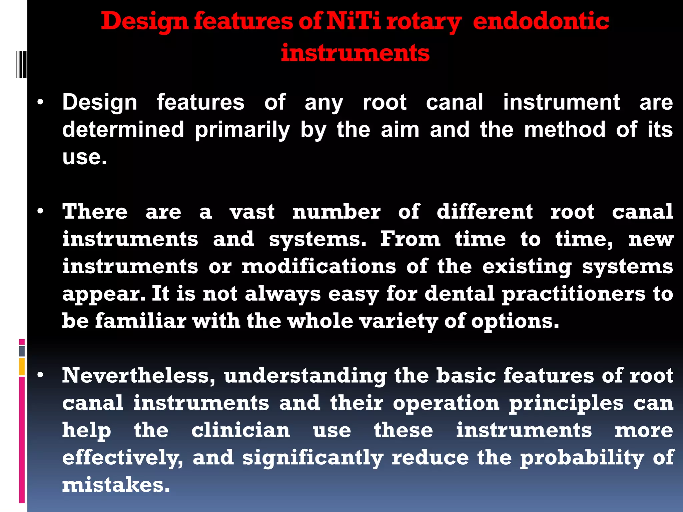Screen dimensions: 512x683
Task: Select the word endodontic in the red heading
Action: tap(541, 21)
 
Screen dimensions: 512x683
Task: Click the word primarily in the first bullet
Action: tap(242, 130)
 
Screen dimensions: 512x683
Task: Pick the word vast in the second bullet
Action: tap(252, 212)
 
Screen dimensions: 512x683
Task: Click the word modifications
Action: tap(319, 267)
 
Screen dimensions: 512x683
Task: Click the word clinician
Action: tap(241, 430)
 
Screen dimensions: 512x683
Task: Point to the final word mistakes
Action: tap(116, 485)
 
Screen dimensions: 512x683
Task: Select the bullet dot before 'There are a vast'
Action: tap(40, 212)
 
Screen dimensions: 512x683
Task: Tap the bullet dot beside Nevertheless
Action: tap(40, 376)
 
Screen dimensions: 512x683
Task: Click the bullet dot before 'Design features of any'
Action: tap(40, 102)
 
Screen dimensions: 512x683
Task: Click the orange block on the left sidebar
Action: tap(22, 367)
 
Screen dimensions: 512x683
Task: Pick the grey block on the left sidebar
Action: tap(22, 351)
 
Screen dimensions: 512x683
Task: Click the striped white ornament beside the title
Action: tap(21, 64)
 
